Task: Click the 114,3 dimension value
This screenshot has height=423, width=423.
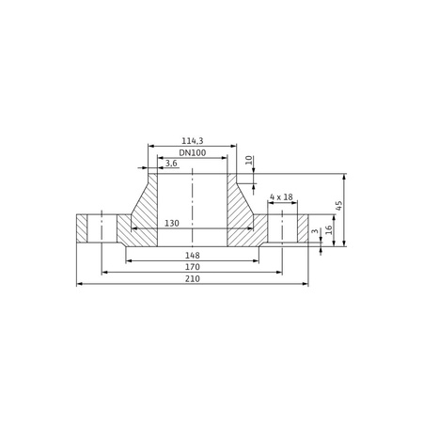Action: click(192, 140)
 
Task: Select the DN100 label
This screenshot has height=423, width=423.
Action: click(192, 152)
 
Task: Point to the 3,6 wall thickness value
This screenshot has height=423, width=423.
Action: click(171, 164)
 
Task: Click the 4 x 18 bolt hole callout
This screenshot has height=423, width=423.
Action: click(281, 196)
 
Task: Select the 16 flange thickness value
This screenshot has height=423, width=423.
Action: click(329, 228)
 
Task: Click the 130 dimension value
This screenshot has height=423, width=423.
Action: click(172, 224)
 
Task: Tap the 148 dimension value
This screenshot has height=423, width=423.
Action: click(192, 256)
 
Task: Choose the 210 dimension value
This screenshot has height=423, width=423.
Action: click(192, 279)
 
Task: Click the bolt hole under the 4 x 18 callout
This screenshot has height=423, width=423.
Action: click(282, 228)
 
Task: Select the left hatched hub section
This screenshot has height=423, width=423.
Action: click(141, 211)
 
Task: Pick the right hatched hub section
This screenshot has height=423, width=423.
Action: click(243, 211)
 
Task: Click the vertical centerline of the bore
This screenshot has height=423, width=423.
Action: click(192, 202)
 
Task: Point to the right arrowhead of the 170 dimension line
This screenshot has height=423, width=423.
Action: click(279, 273)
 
